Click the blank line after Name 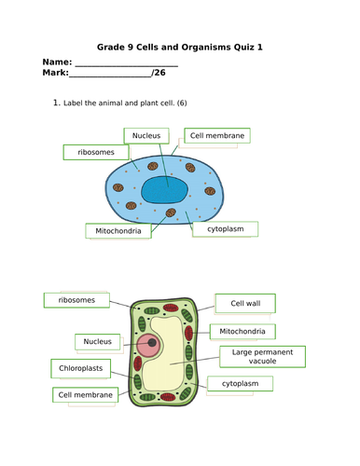pyautogui.click(x=125, y=65)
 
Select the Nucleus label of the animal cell pyautogui.click(x=146, y=136)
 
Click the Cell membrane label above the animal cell pyautogui.click(x=216, y=136)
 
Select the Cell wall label pyautogui.click(x=245, y=302)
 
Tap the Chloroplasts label pyautogui.click(x=79, y=367)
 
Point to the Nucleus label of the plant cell pyautogui.click(x=97, y=341)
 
